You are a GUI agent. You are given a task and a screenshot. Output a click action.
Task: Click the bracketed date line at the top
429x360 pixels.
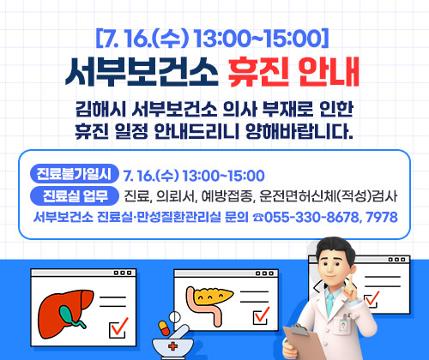click(x=214, y=39)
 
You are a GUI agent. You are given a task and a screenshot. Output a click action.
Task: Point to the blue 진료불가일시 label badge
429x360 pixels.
click(x=75, y=171)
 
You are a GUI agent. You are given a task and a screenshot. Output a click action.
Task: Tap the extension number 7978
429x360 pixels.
click(x=380, y=218)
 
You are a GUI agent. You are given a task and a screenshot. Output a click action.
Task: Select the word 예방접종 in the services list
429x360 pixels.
click(x=210, y=195)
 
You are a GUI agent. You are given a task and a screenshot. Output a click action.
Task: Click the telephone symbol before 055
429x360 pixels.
click(x=257, y=218)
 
